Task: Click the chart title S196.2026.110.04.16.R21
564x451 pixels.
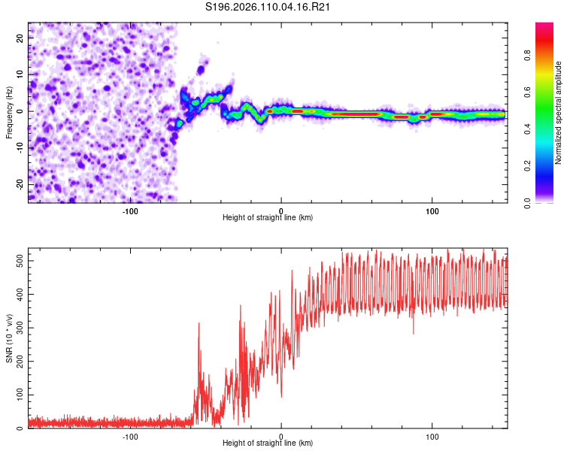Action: [268, 8]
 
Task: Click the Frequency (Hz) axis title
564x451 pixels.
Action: [9, 112]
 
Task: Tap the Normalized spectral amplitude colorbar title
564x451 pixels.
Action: [559, 113]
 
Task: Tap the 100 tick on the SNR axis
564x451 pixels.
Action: [17, 395]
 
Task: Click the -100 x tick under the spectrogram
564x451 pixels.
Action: [130, 210]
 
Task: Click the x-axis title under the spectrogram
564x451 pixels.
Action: [268, 218]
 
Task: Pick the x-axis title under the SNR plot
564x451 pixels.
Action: [268, 443]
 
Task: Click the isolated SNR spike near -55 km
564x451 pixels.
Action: [199, 325]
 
